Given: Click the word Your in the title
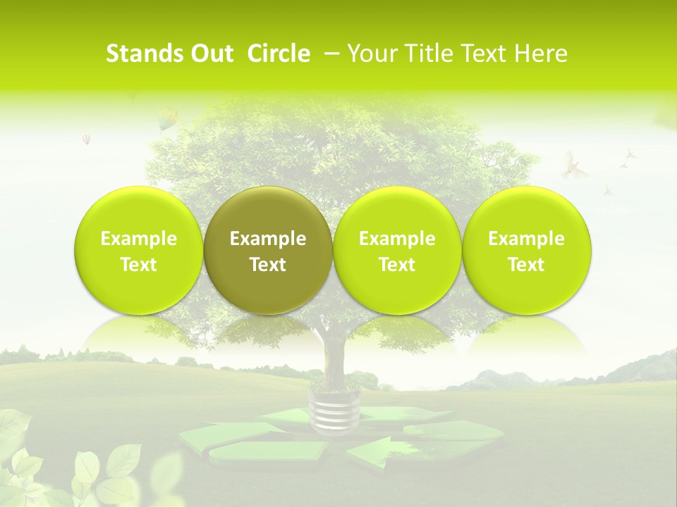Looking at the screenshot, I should coord(370,54).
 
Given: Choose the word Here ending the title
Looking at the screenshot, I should coord(542,54).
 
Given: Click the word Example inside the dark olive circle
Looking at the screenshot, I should coord(268,239).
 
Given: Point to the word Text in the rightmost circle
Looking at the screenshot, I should coord(526,265).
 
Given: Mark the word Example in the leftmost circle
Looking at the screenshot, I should coord(138,239).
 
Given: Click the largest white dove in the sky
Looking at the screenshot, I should coord(575,166).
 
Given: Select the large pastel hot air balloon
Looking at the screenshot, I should coord(166,118).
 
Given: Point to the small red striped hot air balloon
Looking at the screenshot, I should coord(86,139).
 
